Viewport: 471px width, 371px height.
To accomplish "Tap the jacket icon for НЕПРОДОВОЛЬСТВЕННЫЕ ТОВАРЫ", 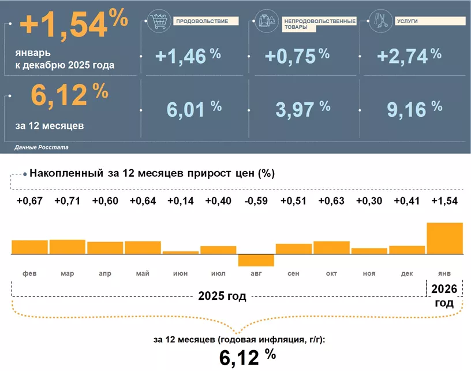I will coord(266,21).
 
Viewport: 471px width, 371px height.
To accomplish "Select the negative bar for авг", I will coord(256,260).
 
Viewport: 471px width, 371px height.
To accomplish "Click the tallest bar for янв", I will coord(444,238).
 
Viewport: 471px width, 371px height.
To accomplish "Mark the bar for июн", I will coord(181,253).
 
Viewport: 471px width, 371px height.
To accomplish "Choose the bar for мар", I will coord(67,247).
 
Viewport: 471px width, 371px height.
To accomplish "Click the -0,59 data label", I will coord(256,201).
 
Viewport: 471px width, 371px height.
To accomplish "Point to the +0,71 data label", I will coord(67,201).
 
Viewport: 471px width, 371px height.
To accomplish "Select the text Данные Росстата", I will coord(42,148).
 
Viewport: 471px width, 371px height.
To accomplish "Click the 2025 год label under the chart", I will coord(222,296).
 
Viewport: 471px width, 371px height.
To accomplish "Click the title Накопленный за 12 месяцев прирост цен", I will coord(151,173).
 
